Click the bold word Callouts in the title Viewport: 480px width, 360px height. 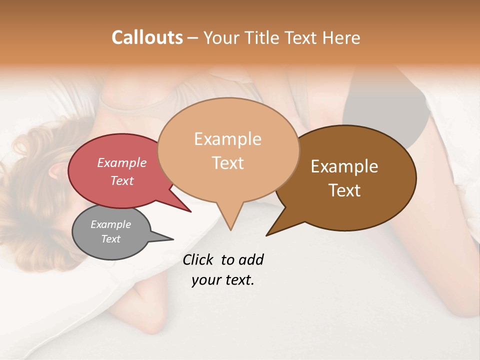(x=147, y=37)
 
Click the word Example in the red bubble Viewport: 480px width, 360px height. (x=122, y=162)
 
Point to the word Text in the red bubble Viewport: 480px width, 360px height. (x=122, y=180)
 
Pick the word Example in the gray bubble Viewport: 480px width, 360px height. (x=111, y=224)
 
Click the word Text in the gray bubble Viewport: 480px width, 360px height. (x=111, y=239)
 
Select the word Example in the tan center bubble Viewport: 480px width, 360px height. (x=228, y=139)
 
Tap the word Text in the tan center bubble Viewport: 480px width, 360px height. (x=228, y=162)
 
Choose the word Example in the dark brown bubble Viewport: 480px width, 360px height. (x=344, y=166)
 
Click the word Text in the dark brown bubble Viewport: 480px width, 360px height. (x=344, y=190)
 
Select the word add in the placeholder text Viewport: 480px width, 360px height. (x=251, y=259)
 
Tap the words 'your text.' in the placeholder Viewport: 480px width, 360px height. (x=223, y=280)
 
